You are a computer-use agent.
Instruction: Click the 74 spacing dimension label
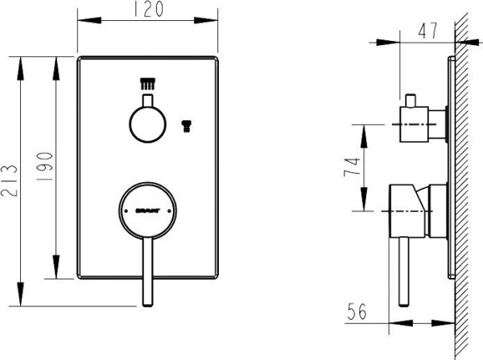(x=351, y=168)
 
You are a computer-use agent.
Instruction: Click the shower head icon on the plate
(x=147, y=83)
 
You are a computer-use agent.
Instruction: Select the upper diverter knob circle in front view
(x=147, y=124)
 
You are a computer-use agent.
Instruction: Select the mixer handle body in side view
(x=415, y=211)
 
